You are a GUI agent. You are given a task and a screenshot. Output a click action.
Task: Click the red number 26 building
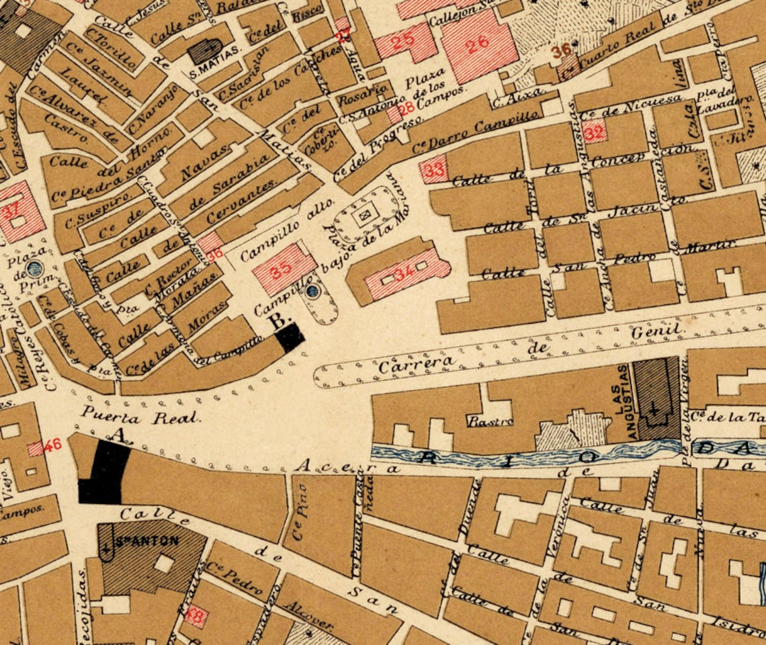[x=478, y=45]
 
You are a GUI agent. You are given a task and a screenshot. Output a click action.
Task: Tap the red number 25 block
[x=403, y=42]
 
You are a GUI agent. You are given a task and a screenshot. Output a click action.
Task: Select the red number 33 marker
[x=433, y=170]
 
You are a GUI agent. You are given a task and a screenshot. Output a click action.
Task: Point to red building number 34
[x=405, y=274]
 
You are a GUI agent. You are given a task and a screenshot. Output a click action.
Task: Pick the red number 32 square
[x=594, y=132]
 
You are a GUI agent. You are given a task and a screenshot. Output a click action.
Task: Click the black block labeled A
[x=105, y=473]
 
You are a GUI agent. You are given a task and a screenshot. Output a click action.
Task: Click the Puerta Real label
[x=140, y=417]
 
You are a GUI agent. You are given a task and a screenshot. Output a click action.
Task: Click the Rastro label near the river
[x=490, y=422]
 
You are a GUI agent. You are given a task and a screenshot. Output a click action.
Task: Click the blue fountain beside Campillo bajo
[x=312, y=292]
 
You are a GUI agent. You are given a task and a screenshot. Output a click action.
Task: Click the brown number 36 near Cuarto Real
[x=561, y=49]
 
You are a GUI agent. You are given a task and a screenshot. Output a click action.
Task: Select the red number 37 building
[x=11, y=211]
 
